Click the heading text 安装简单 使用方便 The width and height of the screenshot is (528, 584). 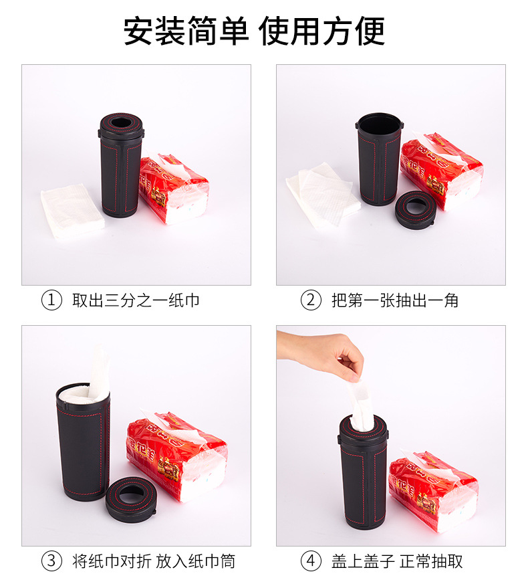pyautogui.click(x=254, y=32)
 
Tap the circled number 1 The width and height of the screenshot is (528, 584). pyautogui.click(x=51, y=300)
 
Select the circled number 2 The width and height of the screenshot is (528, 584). pyautogui.click(x=311, y=300)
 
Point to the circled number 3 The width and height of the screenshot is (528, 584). pyautogui.click(x=51, y=561)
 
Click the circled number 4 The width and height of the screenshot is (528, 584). pyautogui.click(x=311, y=561)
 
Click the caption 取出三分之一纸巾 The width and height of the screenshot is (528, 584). pyautogui.click(x=136, y=300)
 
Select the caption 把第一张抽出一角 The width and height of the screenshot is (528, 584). pyautogui.click(x=395, y=300)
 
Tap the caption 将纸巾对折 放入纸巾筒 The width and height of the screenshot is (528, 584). pyautogui.click(x=154, y=561)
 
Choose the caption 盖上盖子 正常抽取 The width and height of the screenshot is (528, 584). pyautogui.click(x=397, y=561)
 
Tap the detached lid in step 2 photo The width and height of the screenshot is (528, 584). pyautogui.click(x=415, y=208)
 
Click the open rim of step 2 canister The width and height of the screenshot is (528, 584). pyautogui.click(x=378, y=123)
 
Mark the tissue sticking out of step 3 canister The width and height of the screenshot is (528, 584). pyautogui.click(x=98, y=375)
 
